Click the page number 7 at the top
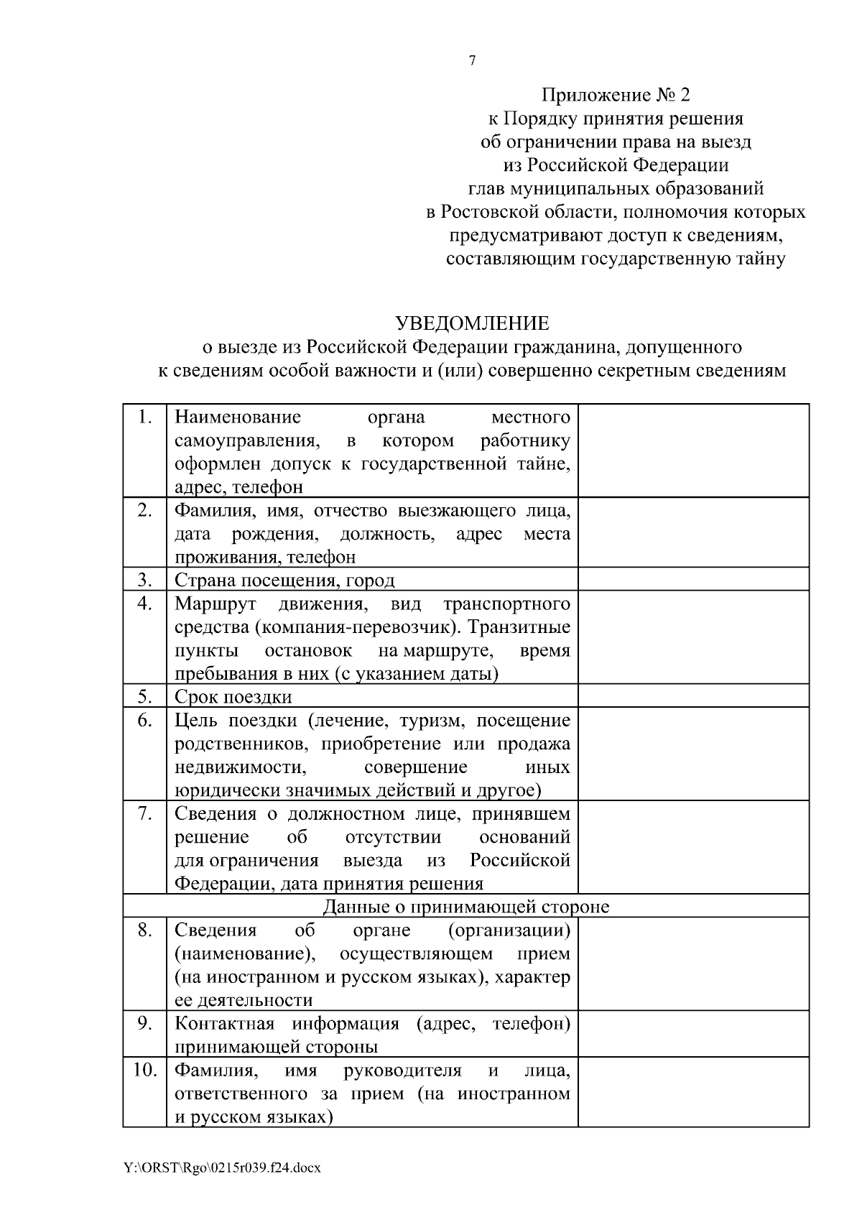tap(472, 61)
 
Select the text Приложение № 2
tap(615, 95)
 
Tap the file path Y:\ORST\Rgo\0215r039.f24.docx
tap(222, 1168)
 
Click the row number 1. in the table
tap(145, 417)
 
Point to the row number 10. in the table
tap(144, 1071)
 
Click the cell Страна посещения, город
tap(284, 581)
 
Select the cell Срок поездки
tap(233, 697)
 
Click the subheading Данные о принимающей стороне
tap(465, 907)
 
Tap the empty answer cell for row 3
tap(693, 579)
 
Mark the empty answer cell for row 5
tap(693, 696)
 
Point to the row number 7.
tap(145, 814)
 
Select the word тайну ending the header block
tap(761, 259)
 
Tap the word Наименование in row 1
tap(238, 417)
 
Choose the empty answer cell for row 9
tap(693, 1035)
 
